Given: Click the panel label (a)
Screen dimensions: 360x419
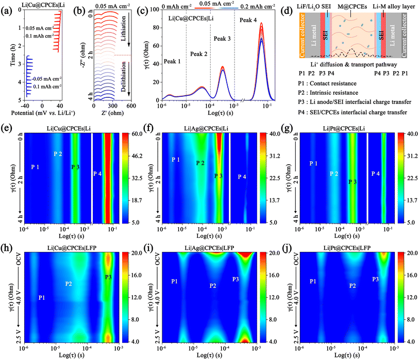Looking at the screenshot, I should (6, 6).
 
